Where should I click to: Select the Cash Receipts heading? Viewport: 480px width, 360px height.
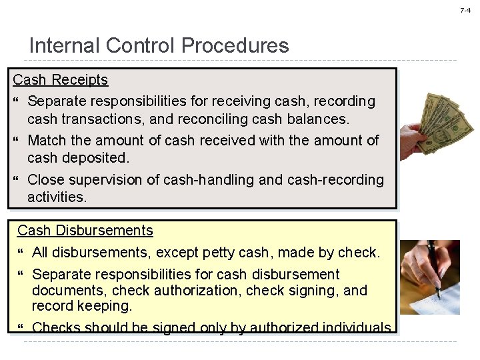coord(61,80)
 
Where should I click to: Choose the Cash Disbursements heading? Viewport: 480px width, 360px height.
coord(85,231)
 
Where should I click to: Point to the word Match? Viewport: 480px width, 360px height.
coord(47,141)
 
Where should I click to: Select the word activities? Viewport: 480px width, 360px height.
coord(57,197)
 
